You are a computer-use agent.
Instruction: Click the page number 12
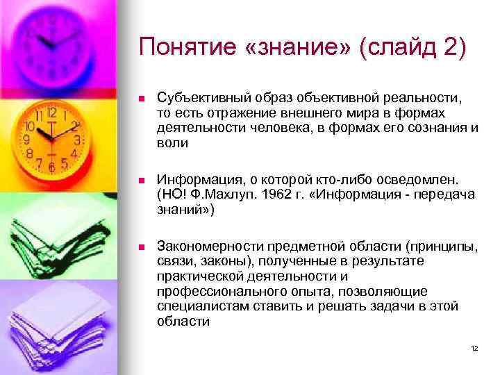point(474,348)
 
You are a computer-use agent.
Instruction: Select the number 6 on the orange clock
point(50,167)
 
